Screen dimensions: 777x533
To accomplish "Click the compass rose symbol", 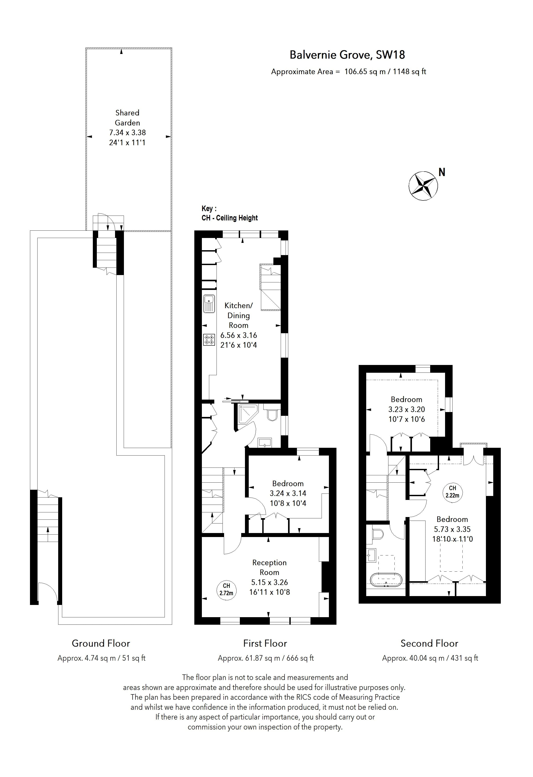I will click(x=423, y=186).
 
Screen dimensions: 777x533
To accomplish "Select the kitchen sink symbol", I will click(x=209, y=303).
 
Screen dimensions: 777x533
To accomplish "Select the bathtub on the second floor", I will click(x=386, y=579).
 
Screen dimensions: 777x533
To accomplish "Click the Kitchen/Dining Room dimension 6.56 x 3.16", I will click(x=239, y=335).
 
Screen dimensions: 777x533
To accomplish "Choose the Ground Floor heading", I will click(x=101, y=643).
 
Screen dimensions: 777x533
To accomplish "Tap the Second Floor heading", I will click(x=429, y=643).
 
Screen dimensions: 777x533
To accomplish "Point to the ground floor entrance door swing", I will click(x=47, y=592).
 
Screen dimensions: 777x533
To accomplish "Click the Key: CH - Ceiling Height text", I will click(x=229, y=213).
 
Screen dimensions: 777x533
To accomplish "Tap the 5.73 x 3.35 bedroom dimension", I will click(x=452, y=529).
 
